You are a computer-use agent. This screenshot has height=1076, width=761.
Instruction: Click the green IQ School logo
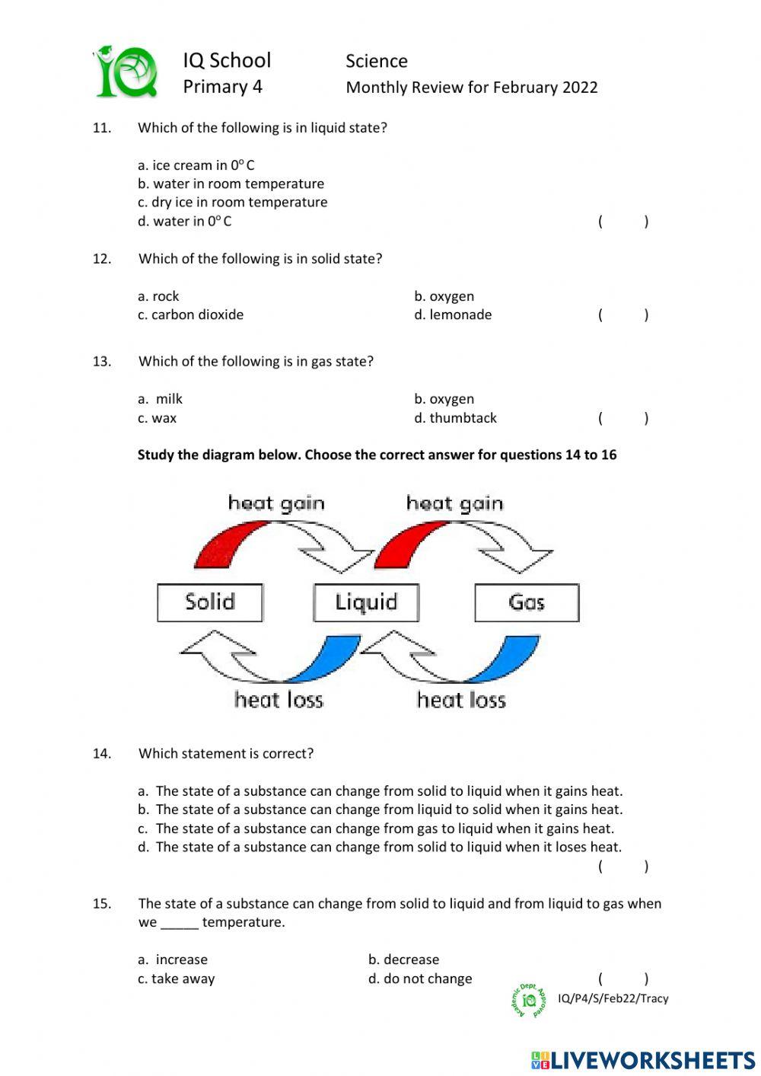[126, 72]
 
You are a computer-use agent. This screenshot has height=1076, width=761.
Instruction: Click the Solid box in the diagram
[210, 602]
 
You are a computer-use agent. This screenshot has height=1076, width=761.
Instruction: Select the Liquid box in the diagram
[366, 602]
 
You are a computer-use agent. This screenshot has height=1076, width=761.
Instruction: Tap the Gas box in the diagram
[527, 602]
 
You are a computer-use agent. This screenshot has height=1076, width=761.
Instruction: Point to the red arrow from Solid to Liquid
[228, 542]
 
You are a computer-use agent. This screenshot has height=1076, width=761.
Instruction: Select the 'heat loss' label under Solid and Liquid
[279, 700]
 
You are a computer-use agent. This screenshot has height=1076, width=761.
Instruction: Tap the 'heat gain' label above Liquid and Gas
[454, 503]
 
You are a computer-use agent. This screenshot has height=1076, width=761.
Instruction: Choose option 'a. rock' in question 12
[158, 296]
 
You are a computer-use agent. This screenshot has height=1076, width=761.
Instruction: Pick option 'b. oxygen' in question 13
[444, 399]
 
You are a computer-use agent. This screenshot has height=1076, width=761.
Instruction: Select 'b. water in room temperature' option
[231, 184]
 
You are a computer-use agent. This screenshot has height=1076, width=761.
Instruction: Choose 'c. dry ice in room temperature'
[232, 202]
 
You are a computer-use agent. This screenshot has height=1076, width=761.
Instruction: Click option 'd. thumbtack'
[455, 418]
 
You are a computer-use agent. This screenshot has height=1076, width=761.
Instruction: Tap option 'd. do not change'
[420, 979]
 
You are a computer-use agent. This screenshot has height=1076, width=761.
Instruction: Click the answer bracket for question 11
[623, 222]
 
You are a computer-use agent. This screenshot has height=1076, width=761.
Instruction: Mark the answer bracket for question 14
[623, 866]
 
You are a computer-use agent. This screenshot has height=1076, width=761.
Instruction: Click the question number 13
[102, 362]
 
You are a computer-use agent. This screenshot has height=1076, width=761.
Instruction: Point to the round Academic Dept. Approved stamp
[529, 1000]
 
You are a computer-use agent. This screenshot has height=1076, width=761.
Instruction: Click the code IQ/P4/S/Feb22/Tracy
[613, 998]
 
